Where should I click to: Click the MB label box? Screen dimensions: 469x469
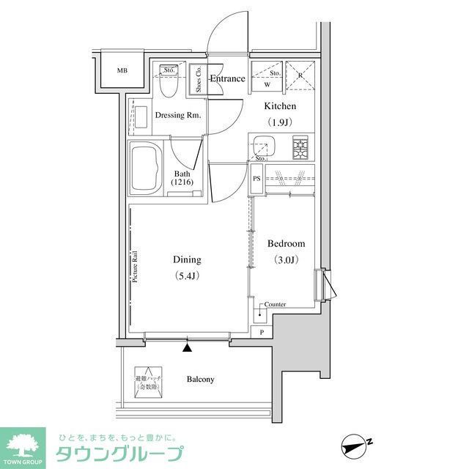coord(122,71)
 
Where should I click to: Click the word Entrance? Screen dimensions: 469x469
coord(227,78)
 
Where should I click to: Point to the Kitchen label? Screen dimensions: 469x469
coord(281,107)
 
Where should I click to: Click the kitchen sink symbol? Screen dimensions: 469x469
coord(263,146)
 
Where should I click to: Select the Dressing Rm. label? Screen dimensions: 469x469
coord(178,115)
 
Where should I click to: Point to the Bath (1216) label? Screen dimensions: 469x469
coord(182,178)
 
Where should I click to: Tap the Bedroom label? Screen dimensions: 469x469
coord(286,244)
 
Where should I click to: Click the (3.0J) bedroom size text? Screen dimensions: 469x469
coord(286,259)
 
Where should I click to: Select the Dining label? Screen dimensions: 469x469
coord(187,259)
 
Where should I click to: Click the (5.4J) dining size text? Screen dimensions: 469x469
coord(187,276)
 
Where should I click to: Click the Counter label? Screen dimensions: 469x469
coord(275,304)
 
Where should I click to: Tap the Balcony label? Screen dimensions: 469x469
coord(200,379)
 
